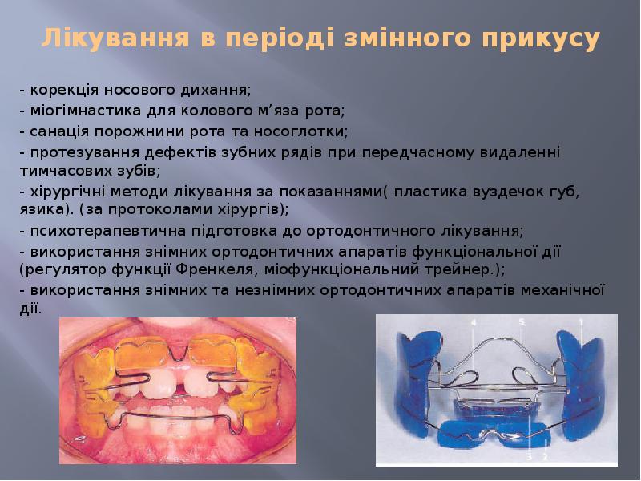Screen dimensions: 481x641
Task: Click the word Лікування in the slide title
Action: coord(112,38)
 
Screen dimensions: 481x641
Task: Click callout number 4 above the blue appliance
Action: coord(474,322)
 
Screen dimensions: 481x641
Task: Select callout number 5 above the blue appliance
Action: coord(521,322)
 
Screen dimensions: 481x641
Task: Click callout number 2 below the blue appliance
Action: coord(545,456)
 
